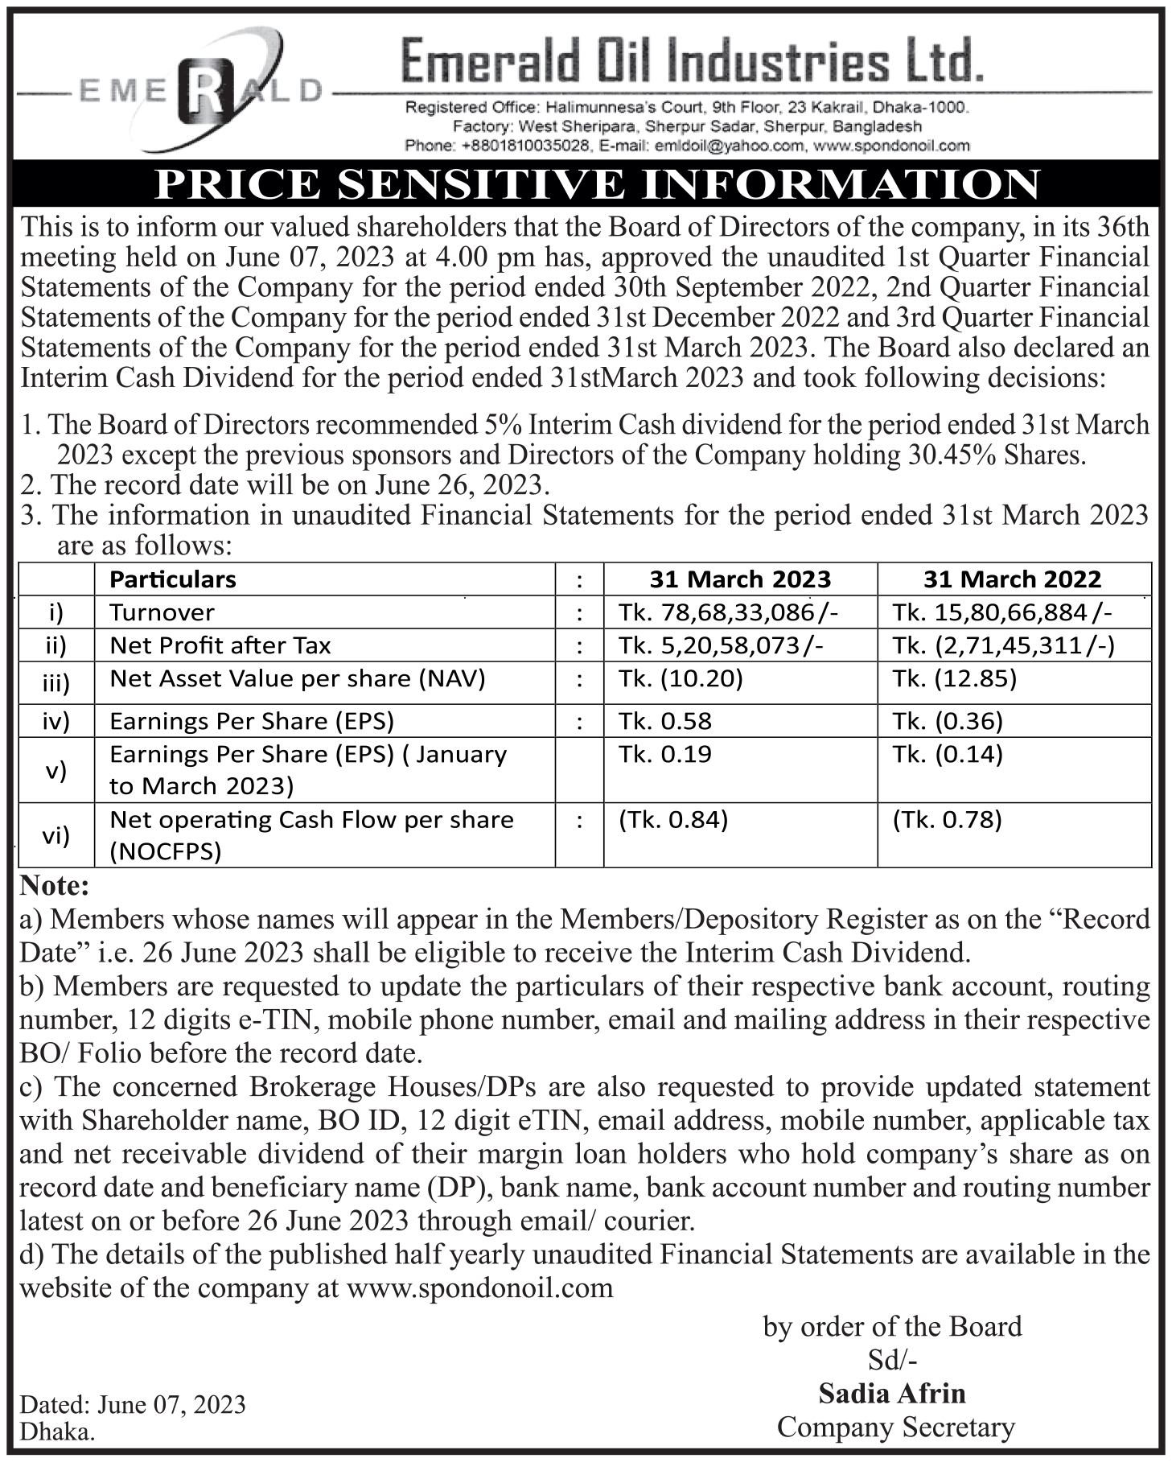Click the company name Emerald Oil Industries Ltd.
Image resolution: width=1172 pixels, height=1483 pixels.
[692, 63]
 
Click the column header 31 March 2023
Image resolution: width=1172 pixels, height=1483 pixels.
[740, 579]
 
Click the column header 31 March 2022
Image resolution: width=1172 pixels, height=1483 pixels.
[1012, 579]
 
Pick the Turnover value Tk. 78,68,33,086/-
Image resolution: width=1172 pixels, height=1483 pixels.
[729, 612]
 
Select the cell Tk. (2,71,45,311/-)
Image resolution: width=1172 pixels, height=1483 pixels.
[1003, 645]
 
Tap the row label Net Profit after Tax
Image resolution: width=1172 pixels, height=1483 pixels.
[220, 645]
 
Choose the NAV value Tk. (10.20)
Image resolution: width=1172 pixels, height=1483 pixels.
[681, 678]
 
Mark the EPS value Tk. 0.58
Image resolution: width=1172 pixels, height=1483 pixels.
[665, 720]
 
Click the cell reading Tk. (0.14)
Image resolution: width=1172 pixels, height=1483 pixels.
[948, 754]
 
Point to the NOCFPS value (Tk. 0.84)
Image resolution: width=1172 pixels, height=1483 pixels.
[673, 820]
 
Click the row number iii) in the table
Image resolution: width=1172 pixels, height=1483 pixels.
[56, 683]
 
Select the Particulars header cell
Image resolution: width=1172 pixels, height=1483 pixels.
[173, 579]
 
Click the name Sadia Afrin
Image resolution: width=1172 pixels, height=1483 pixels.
[892, 1393]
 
